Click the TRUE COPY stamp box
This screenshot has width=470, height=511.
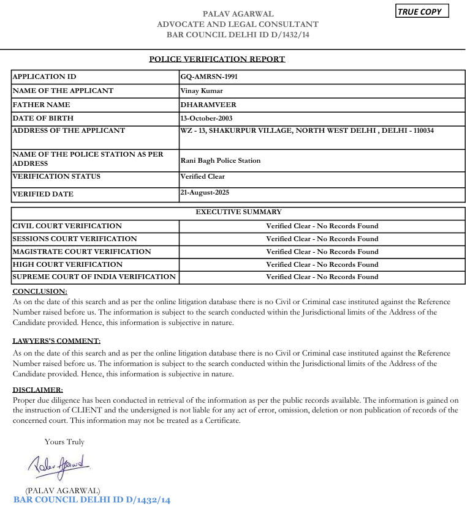422,11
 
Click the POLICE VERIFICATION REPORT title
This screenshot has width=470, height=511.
217,59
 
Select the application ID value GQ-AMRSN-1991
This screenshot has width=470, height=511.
208,77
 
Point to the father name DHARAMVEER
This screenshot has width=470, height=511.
208,105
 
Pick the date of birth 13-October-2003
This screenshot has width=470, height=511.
207,118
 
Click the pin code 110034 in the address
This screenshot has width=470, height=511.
422,130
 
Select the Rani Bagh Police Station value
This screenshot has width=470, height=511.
221,160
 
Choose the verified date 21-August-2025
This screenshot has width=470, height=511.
205,192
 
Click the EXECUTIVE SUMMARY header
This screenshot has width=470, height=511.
238,212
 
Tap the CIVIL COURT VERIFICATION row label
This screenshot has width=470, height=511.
67,226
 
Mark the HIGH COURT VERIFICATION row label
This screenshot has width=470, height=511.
67,264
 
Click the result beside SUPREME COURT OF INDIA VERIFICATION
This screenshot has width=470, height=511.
322,277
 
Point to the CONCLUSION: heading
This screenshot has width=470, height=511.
40,291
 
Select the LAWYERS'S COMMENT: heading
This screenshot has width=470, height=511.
56,341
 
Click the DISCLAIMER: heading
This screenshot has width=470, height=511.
37,390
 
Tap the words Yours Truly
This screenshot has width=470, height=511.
64,441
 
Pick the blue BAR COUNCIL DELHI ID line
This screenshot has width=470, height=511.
91,500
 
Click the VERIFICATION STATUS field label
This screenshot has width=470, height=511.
56,176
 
